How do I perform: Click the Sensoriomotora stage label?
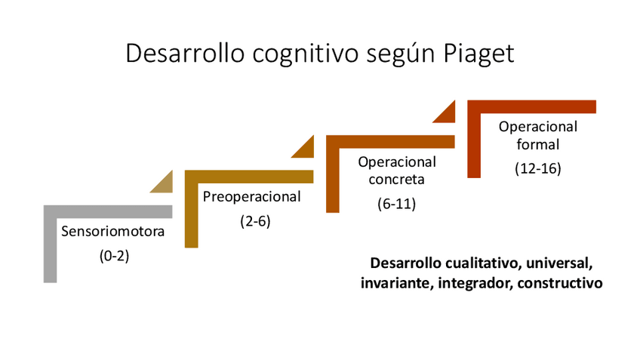click(x=112, y=232)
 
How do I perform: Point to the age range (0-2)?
click(x=115, y=256)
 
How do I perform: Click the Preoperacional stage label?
click(x=252, y=197)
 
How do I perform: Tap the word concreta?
click(x=397, y=180)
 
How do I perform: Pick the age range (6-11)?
click(x=397, y=204)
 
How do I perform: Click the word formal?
click(x=537, y=144)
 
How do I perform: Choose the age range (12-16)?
click(x=537, y=168)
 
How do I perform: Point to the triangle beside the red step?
click(x=446, y=112)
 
